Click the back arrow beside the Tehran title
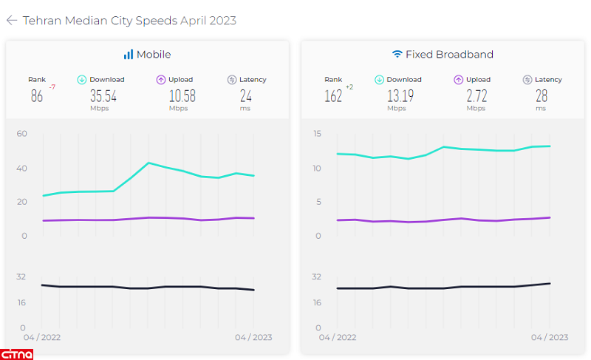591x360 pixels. coord(12,21)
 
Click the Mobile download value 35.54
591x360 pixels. coord(103,95)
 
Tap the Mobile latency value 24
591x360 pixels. coord(246,95)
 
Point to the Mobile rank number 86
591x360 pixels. coord(37,95)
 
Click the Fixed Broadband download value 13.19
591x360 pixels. coord(400,95)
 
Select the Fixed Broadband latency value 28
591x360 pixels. coord(542,95)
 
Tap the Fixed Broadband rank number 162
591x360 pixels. coord(333,95)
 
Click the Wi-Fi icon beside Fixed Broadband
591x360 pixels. coord(397,55)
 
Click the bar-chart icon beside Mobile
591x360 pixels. coord(129,55)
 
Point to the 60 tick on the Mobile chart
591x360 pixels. coord(22,134)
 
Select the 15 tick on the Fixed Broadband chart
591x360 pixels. coord(317,134)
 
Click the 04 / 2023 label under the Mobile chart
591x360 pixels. coord(253,337)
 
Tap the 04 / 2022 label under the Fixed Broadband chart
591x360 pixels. coord(338,337)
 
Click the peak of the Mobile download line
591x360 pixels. coord(149,163)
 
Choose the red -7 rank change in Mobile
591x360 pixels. coord(52,87)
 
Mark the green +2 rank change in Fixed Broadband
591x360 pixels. coord(349,87)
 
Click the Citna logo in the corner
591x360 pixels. coord(18,353)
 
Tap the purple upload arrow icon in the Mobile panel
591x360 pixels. coord(161,80)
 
